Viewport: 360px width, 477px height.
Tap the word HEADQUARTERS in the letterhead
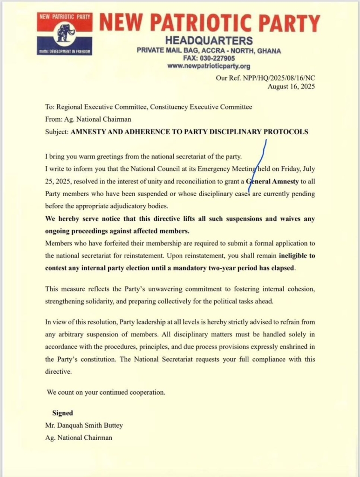coord(209,40)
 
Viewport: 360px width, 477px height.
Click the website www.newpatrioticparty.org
coord(209,66)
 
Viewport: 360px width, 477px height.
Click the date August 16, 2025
coord(291,87)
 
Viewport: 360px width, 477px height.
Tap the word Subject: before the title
coord(56,132)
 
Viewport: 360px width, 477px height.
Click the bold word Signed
coord(62,413)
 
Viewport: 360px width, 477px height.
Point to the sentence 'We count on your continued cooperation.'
coord(106,392)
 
